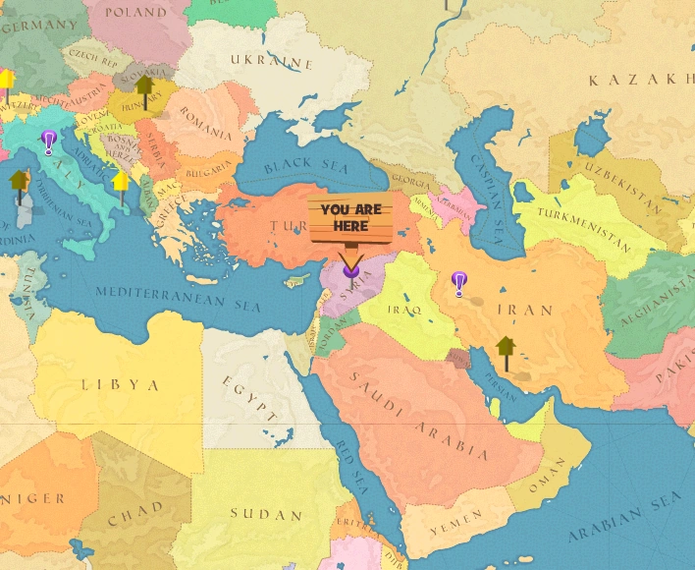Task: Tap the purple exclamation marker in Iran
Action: point(458,283)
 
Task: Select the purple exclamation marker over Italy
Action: point(48,142)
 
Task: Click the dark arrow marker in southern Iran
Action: point(506,350)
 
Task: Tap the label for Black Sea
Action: point(300,164)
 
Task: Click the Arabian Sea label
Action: point(624,522)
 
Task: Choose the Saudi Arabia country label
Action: point(418,417)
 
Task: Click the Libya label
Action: point(120,383)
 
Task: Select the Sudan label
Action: point(266,514)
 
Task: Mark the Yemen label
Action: point(456,516)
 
